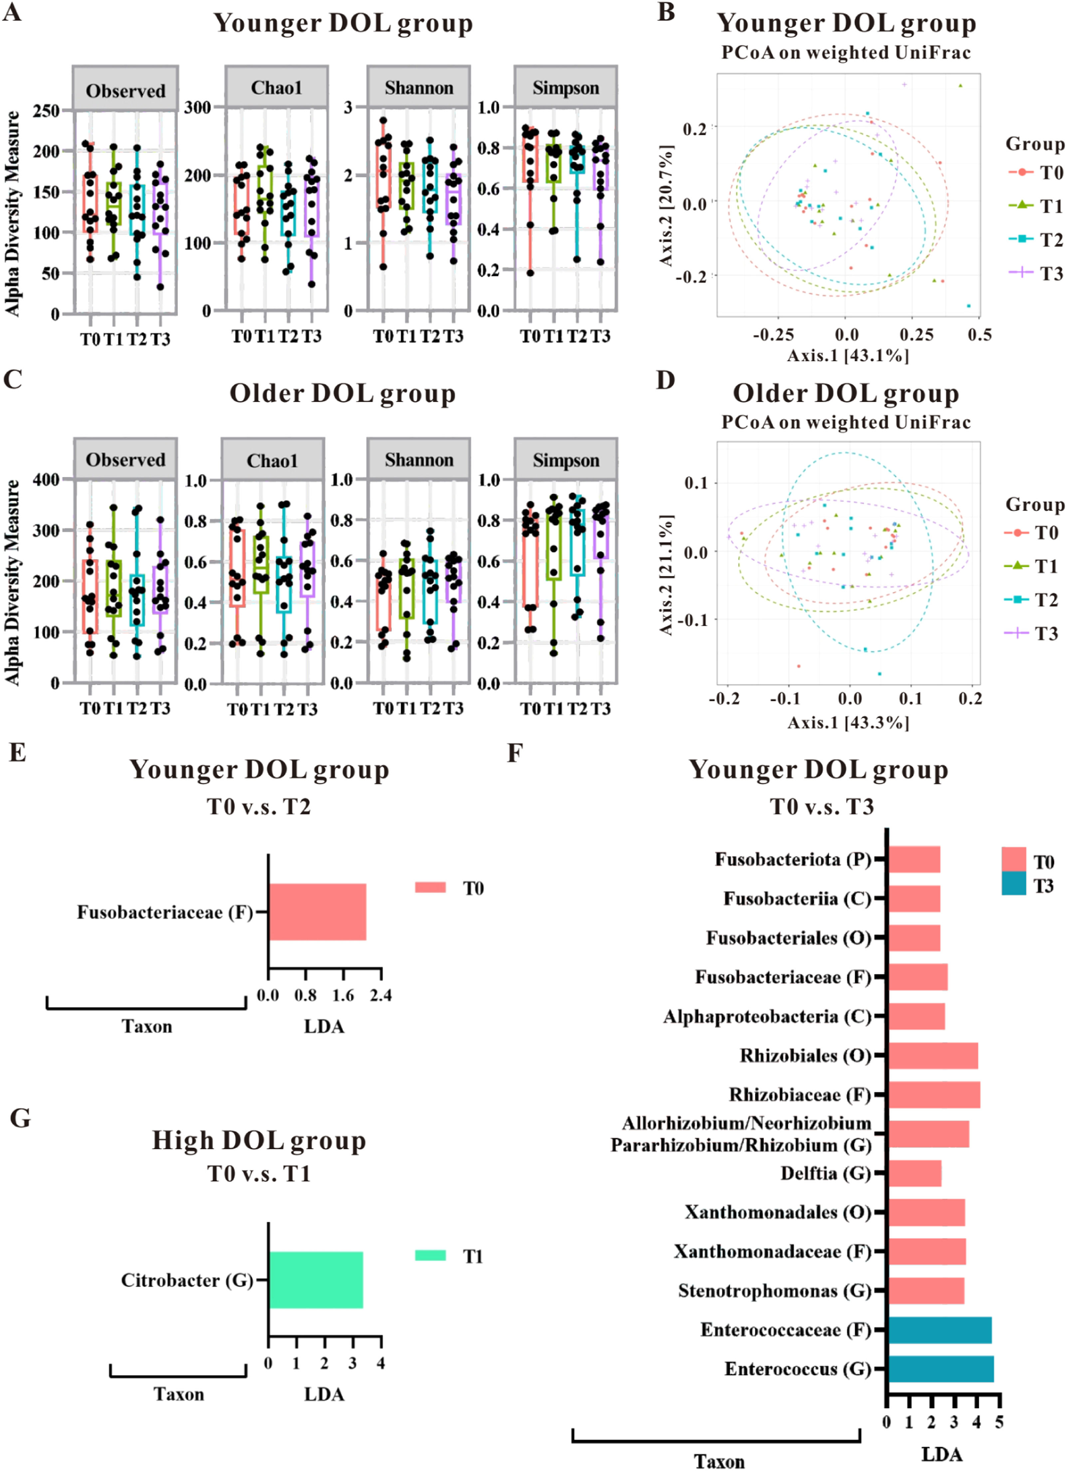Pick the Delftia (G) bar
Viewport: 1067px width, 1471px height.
[915, 1173]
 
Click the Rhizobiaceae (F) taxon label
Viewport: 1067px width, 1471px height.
[800, 1095]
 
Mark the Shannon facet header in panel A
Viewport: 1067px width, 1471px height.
[419, 88]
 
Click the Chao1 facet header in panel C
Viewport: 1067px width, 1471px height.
[272, 461]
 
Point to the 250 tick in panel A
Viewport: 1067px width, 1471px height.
[47, 111]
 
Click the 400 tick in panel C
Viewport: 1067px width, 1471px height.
[47, 479]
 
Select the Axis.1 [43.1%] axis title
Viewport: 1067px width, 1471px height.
[848, 355]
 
